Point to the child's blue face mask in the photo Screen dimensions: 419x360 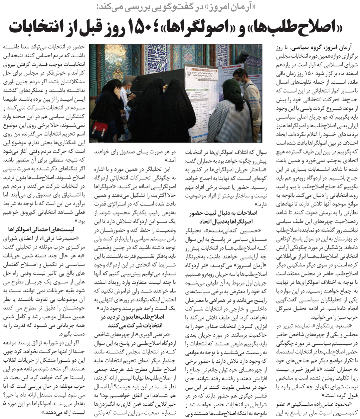(x=127, y=110)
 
